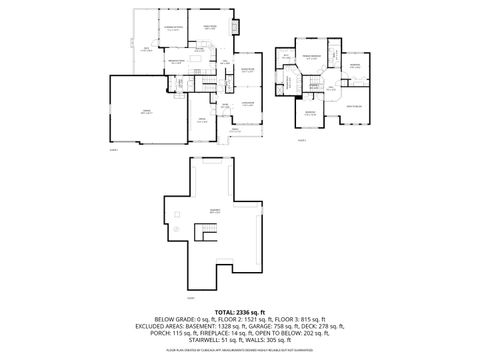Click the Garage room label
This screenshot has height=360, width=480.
(x=146, y=111)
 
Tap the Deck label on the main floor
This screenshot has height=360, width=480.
(x=146, y=48)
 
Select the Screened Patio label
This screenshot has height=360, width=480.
(x=173, y=28)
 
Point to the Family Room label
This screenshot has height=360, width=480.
(x=211, y=27)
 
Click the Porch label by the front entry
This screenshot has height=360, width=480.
(x=236, y=129)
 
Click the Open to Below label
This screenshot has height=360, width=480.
(x=353, y=105)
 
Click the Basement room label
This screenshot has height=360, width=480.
(x=215, y=210)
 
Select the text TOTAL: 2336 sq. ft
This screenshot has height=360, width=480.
(x=239, y=313)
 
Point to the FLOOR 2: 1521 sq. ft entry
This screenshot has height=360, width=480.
(x=237, y=321)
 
